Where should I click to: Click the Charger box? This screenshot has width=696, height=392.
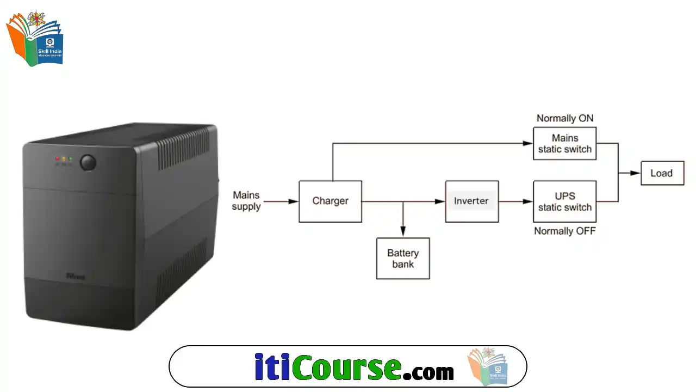330,201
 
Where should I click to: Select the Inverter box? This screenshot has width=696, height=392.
471,201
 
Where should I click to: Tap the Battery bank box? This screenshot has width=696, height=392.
403,259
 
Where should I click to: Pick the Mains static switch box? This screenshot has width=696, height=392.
564,144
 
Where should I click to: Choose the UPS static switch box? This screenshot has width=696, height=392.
564,201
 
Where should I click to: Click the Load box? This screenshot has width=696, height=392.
662,173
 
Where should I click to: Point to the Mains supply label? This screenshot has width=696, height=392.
246,201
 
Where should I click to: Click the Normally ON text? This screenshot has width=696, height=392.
565,118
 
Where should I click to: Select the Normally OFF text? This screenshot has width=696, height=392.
564,231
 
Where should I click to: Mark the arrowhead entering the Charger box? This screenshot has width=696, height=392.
294,201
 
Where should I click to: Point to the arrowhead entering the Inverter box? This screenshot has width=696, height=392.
440,201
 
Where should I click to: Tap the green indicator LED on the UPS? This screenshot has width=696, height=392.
70,159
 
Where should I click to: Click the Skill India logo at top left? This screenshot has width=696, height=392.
35,39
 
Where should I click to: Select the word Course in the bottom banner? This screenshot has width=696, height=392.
346,367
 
